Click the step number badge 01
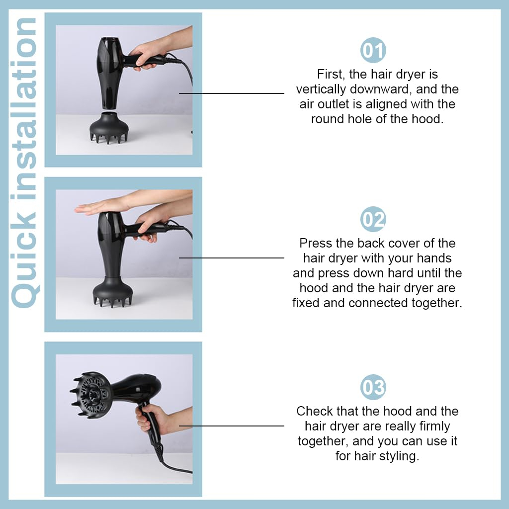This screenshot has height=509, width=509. coord(373,50)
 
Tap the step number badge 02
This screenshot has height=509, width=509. coord(373,219)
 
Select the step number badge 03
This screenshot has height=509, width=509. coord(373,387)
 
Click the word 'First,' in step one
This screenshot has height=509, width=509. coord(331,75)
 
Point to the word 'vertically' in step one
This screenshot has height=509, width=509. coord(321,89)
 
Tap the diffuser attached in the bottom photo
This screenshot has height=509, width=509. coord(91,395)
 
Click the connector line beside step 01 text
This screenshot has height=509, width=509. coord(232,93)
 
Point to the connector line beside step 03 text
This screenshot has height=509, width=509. coord(232,426)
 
